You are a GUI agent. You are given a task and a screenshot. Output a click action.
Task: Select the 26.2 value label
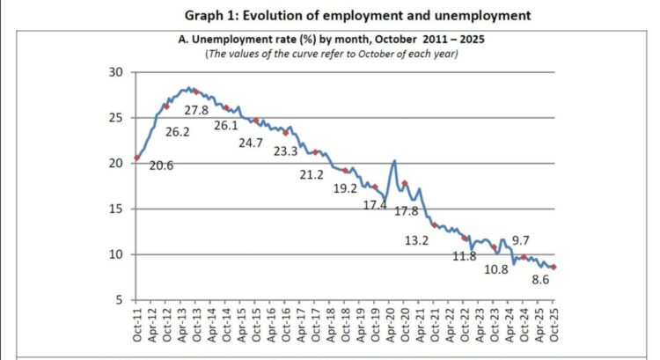(176, 131)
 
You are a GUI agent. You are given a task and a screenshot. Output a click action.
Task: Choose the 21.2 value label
(312, 175)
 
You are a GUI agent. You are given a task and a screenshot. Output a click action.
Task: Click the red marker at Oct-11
(136, 158)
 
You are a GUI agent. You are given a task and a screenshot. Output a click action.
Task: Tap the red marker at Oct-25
(554, 268)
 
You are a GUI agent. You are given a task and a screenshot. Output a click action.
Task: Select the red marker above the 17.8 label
(405, 183)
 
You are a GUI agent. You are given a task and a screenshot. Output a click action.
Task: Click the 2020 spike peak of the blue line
(394, 160)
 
